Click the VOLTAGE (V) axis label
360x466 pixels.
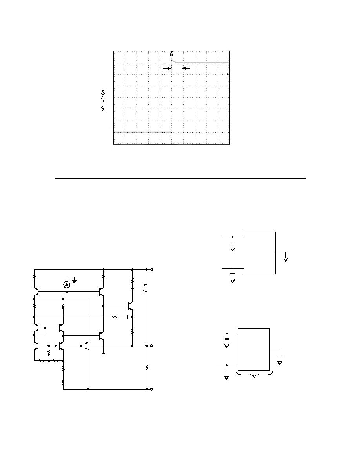coord(103,100)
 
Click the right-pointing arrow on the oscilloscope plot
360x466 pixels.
coord(167,68)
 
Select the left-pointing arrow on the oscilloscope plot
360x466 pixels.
coord(186,68)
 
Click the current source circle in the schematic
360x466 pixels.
coord(67,284)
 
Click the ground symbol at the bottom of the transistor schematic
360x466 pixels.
coord(103,353)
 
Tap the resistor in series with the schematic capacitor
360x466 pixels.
coord(115,317)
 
